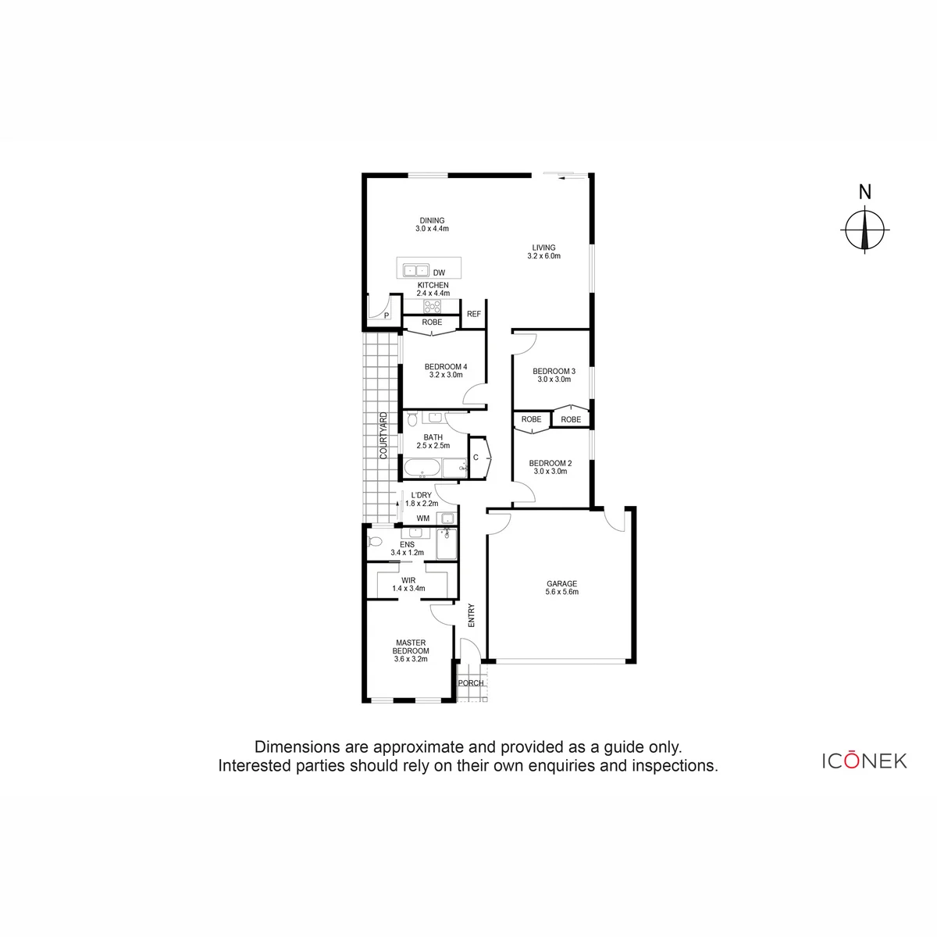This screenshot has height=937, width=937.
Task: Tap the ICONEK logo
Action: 864,761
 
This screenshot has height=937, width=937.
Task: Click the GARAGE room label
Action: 561,583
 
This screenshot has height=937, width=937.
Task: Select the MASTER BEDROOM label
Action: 411,647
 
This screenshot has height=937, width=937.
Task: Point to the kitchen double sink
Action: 415,270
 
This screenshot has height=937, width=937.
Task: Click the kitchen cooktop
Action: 432,306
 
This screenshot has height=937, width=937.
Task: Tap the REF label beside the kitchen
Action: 474,314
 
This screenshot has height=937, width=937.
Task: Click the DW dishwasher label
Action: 439,273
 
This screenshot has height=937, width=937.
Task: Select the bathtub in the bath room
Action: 422,468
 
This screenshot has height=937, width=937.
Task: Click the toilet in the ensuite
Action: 375,540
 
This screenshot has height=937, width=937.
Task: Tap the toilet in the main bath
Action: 412,419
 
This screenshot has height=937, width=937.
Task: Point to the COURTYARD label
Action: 383,436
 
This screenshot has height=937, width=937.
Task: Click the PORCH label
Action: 471,682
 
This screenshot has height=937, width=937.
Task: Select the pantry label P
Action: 387,315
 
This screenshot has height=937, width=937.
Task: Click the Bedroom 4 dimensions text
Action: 445,375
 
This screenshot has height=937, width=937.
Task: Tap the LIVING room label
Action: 543,248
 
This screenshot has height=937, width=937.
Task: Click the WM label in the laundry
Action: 423,518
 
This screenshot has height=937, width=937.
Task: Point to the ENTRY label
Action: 471,615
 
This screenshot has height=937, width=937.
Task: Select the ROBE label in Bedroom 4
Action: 432,322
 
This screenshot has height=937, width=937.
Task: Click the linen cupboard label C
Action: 476,457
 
